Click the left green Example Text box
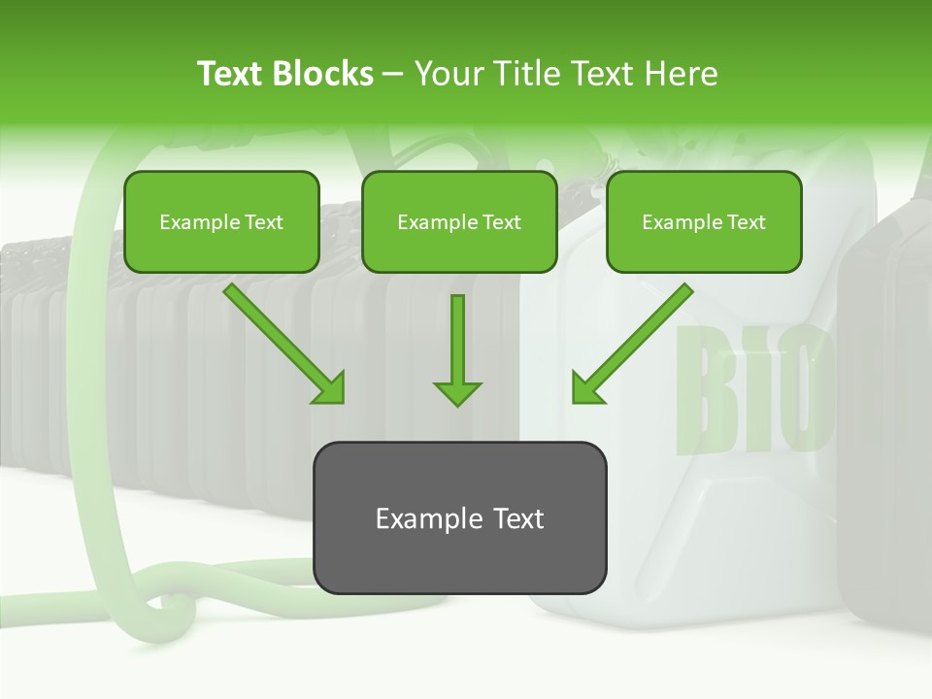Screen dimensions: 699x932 coord(221,221)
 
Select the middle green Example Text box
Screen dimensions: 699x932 coord(459,221)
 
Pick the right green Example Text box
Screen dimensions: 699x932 coord(704,221)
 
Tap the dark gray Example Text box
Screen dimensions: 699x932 coord(459,517)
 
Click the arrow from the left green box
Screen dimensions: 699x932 coord(282,342)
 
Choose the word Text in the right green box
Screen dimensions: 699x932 coord(746,222)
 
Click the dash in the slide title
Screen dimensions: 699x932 coord(393,74)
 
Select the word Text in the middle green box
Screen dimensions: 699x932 coord(501,222)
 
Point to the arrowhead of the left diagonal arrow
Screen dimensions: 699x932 coord(330,388)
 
